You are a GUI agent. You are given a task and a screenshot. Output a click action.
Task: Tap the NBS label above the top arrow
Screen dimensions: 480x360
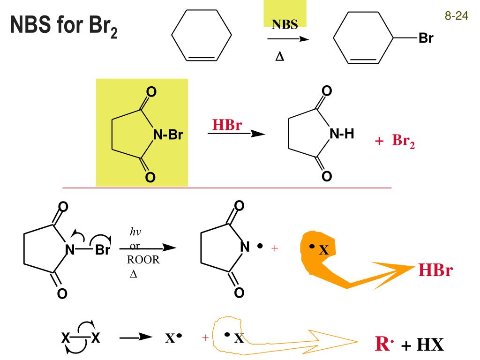[x=285, y=25]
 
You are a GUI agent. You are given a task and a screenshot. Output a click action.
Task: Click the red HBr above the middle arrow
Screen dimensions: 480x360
[x=227, y=125]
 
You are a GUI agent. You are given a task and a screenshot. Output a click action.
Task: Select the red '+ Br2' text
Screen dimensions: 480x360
[x=395, y=142]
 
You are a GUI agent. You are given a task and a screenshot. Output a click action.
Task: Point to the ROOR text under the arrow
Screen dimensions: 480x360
[x=143, y=261]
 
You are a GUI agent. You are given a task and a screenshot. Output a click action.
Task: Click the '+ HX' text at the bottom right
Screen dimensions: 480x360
[x=422, y=345]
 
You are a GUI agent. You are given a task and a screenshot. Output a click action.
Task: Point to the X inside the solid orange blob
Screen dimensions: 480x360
[x=323, y=251]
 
